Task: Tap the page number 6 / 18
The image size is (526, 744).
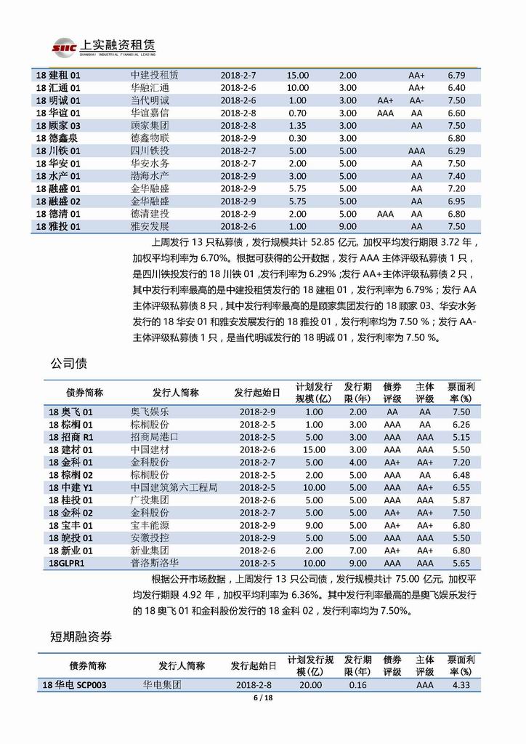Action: (x=262, y=697)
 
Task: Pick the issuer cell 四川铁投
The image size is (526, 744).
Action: (x=148, y=151)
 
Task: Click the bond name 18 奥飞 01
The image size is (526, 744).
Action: (x=70, y=412)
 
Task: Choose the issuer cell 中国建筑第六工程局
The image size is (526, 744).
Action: (x=174, y=487)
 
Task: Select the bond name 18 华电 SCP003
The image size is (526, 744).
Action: (x=76, y=684)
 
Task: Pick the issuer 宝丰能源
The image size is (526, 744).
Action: (x=151, y=525)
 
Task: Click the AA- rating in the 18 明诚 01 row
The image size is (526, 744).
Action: (x=416, y=100)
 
